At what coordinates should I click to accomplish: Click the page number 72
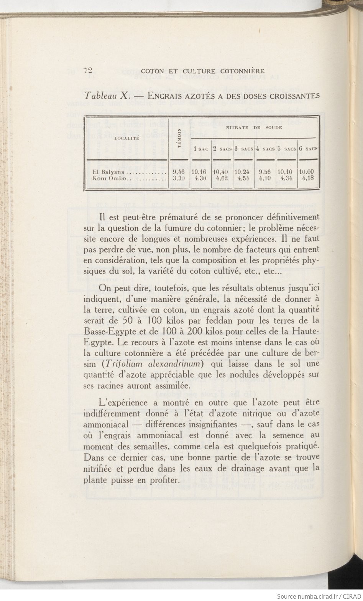pos(89,70)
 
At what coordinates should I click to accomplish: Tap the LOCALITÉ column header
pos(126,138)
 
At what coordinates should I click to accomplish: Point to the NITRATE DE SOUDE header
pos(254,127)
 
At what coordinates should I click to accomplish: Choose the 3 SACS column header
pos(244,149)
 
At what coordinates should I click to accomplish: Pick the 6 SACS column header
pos(309,149)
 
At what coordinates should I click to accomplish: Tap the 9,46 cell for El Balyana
pos(179,172)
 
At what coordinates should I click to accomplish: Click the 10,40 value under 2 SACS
pos(222,172)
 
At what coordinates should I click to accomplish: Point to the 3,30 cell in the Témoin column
pos(179,178)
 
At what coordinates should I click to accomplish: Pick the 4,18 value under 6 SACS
pos(308,178)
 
